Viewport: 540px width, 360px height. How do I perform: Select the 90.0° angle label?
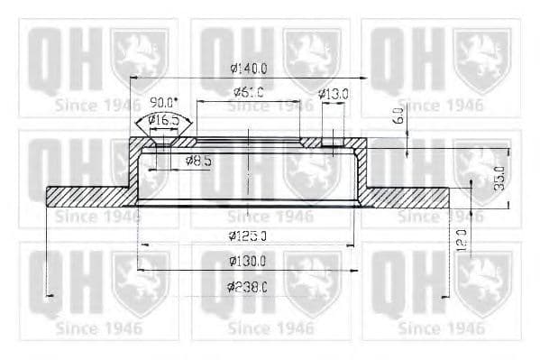tap(164, 102)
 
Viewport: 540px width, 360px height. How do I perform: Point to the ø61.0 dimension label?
tap(248, 92)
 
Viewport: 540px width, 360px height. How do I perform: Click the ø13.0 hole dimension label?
tap(334, 93)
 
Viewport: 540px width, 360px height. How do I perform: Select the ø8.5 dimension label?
tap(200, 161)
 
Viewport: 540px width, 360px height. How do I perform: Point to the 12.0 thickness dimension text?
tap(461, 242)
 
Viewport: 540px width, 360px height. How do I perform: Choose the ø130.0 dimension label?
tap(247, 261)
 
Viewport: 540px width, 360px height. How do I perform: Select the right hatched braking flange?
tap(406, 197)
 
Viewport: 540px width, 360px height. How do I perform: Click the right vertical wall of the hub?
tap(362, 171)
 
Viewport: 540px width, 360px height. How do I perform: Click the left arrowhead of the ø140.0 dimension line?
tap(133, 78)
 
